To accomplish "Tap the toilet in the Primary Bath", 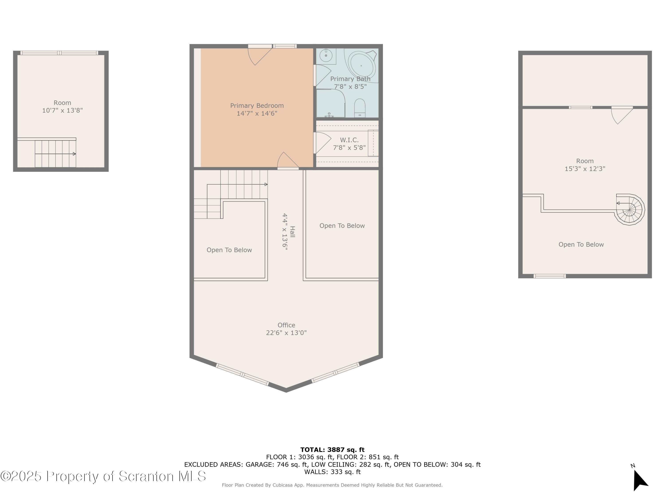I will coord(360,108).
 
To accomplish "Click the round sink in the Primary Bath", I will coord(326,56).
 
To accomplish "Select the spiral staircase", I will coord(630,210).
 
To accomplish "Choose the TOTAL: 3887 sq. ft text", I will coord(332,450).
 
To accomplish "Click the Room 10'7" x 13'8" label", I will coord(62,107).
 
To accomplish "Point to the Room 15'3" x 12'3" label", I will coord(585,165).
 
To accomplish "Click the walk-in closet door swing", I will coord(322,143).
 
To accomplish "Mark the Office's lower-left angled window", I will coord(242,375).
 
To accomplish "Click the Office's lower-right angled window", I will coord(335,372).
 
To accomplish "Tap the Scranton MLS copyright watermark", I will coord(103,476).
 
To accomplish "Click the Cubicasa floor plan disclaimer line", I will coord(332,485).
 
